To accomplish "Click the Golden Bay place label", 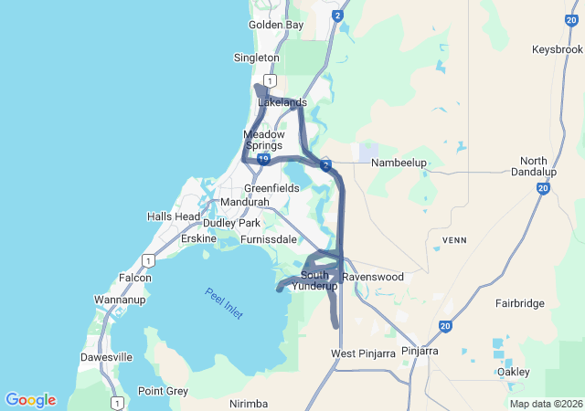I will [276, 25].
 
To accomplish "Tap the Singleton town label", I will [257, 58].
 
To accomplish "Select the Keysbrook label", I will [556, 49].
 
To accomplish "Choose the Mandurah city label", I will [245, 202].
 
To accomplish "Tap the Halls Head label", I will [174, 216].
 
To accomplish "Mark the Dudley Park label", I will [232, 223].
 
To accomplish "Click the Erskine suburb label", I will [198, 238].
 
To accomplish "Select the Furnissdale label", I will [269, 239].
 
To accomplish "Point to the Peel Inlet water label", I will [224, 303].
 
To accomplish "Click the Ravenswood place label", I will [373, 277].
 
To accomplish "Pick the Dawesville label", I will [107, 357].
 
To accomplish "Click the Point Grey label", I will [163, 391].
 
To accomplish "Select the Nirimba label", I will [250, 403].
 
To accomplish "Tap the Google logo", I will [30, 400].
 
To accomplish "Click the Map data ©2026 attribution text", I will [545, 404].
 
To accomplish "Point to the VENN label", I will [454, 240].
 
